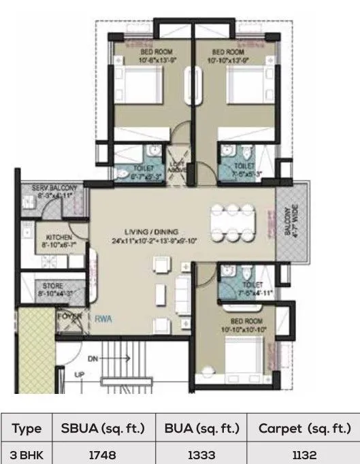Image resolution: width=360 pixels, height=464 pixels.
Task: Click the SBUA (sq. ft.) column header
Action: [x=102, y=429]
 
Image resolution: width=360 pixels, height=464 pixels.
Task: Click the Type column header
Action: [x=27, y=429]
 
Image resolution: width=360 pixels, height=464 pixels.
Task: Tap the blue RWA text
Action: [x=103, y=316]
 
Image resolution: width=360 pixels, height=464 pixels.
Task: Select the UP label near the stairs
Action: [x=78, y=374]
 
